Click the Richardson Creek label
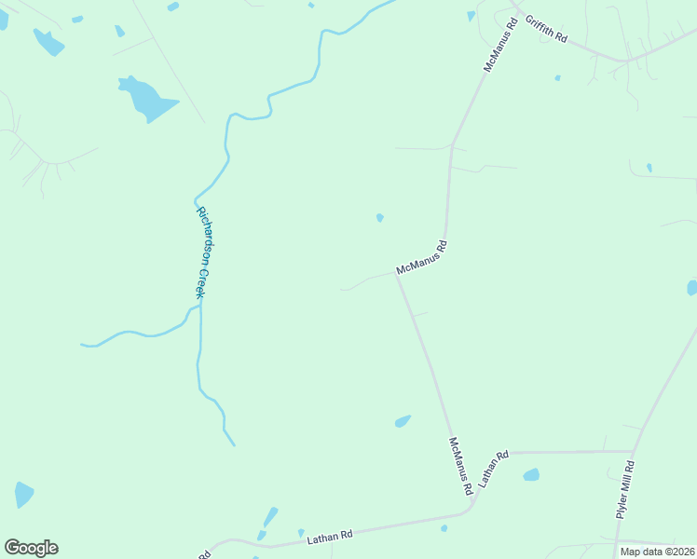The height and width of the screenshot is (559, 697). click(200, 252)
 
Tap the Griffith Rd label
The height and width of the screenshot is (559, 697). click(546, 30)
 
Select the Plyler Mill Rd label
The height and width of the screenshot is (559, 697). click(625, 490)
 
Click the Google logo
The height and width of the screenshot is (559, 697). click(31, 548)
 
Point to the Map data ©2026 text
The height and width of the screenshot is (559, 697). click(657, 552)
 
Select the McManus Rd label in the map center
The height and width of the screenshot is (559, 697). click(422, 257)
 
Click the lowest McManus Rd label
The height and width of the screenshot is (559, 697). click(460, 466)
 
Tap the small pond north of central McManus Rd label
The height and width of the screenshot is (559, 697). click(379, 218)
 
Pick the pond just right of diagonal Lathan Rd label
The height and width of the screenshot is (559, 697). click(531, 475)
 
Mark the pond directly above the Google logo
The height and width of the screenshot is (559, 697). click(24, 495)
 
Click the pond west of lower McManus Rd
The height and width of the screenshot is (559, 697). click(403, 421)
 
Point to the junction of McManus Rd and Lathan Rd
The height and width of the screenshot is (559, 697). click(471, 508)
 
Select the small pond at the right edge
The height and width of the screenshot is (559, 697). click(692, 288)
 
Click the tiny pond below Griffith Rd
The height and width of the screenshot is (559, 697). click(557, 78)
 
